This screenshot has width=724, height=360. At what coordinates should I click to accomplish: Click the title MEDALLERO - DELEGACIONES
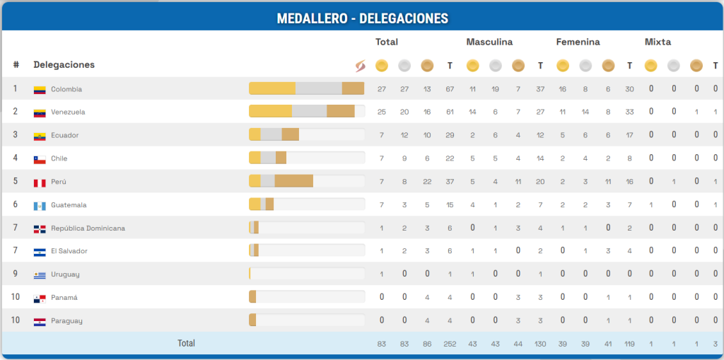pos(362,17)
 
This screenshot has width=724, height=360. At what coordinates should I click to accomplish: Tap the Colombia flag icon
pos(40,90)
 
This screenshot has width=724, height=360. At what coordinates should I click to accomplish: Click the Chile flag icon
pos(40,159)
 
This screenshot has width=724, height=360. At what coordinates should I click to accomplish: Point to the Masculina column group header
pos(489,42)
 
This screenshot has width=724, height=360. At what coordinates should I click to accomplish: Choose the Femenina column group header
pos(578,42)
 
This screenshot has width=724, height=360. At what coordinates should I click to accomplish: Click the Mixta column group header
pos(658,42)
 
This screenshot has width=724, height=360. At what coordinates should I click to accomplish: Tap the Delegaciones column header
pos(64,65)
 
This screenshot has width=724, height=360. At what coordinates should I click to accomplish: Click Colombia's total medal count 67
pos(450,89)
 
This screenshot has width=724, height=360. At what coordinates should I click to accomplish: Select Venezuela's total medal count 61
pos(450,112)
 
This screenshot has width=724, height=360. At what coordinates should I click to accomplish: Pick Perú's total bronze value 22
pos(426,182)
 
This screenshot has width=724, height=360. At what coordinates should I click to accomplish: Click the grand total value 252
pos(450,344)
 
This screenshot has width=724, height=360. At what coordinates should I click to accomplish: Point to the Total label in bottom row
pos(186,344)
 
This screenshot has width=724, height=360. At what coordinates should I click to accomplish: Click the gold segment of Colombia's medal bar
pos(272,88)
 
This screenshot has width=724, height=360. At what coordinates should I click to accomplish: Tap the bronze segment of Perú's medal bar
pos(294,181)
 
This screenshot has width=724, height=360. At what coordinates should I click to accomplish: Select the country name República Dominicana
pos(88,228)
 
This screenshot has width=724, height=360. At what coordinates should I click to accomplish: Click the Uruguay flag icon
pos(40,275)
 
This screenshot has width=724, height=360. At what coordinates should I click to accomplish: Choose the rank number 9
pos(16,274)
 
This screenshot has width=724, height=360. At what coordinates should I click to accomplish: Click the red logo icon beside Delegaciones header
pos(359,66)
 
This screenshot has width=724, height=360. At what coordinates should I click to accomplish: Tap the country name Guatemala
pos(69,205)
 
